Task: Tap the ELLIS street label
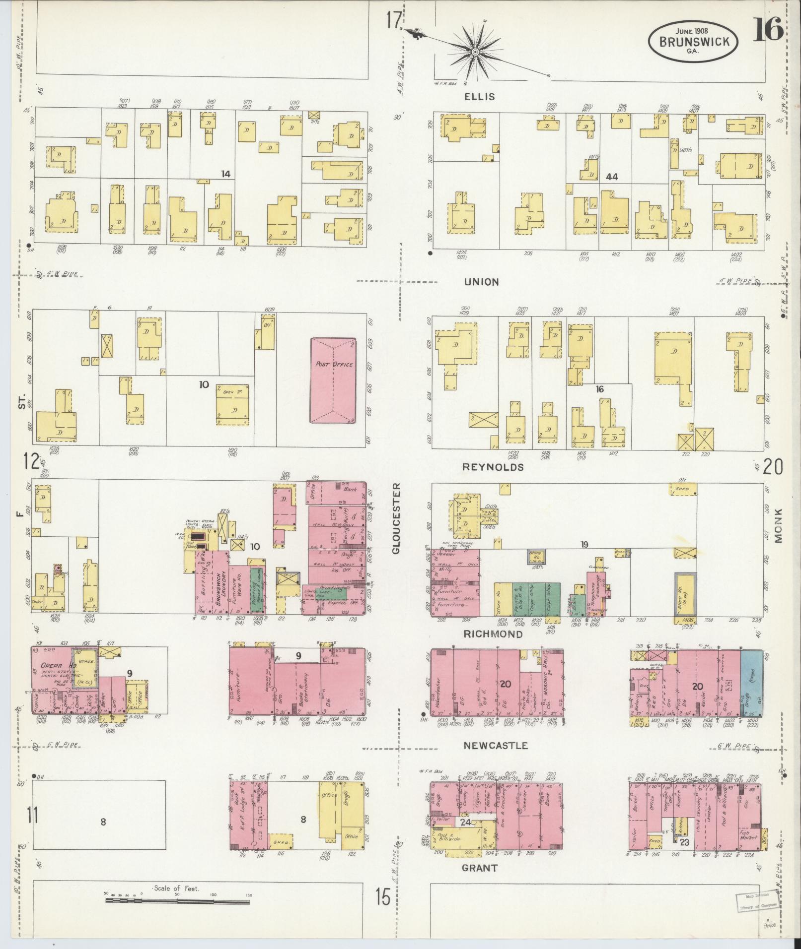tap(479, 96)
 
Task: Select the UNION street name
tap(481, 282)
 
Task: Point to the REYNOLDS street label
tap(486, 467)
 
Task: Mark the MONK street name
tap(778, 525)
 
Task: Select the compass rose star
tap(475, 52)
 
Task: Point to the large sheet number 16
tap(768, 30)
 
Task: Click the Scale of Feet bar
tap(176, 899)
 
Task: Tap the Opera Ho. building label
tap(54, 665)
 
